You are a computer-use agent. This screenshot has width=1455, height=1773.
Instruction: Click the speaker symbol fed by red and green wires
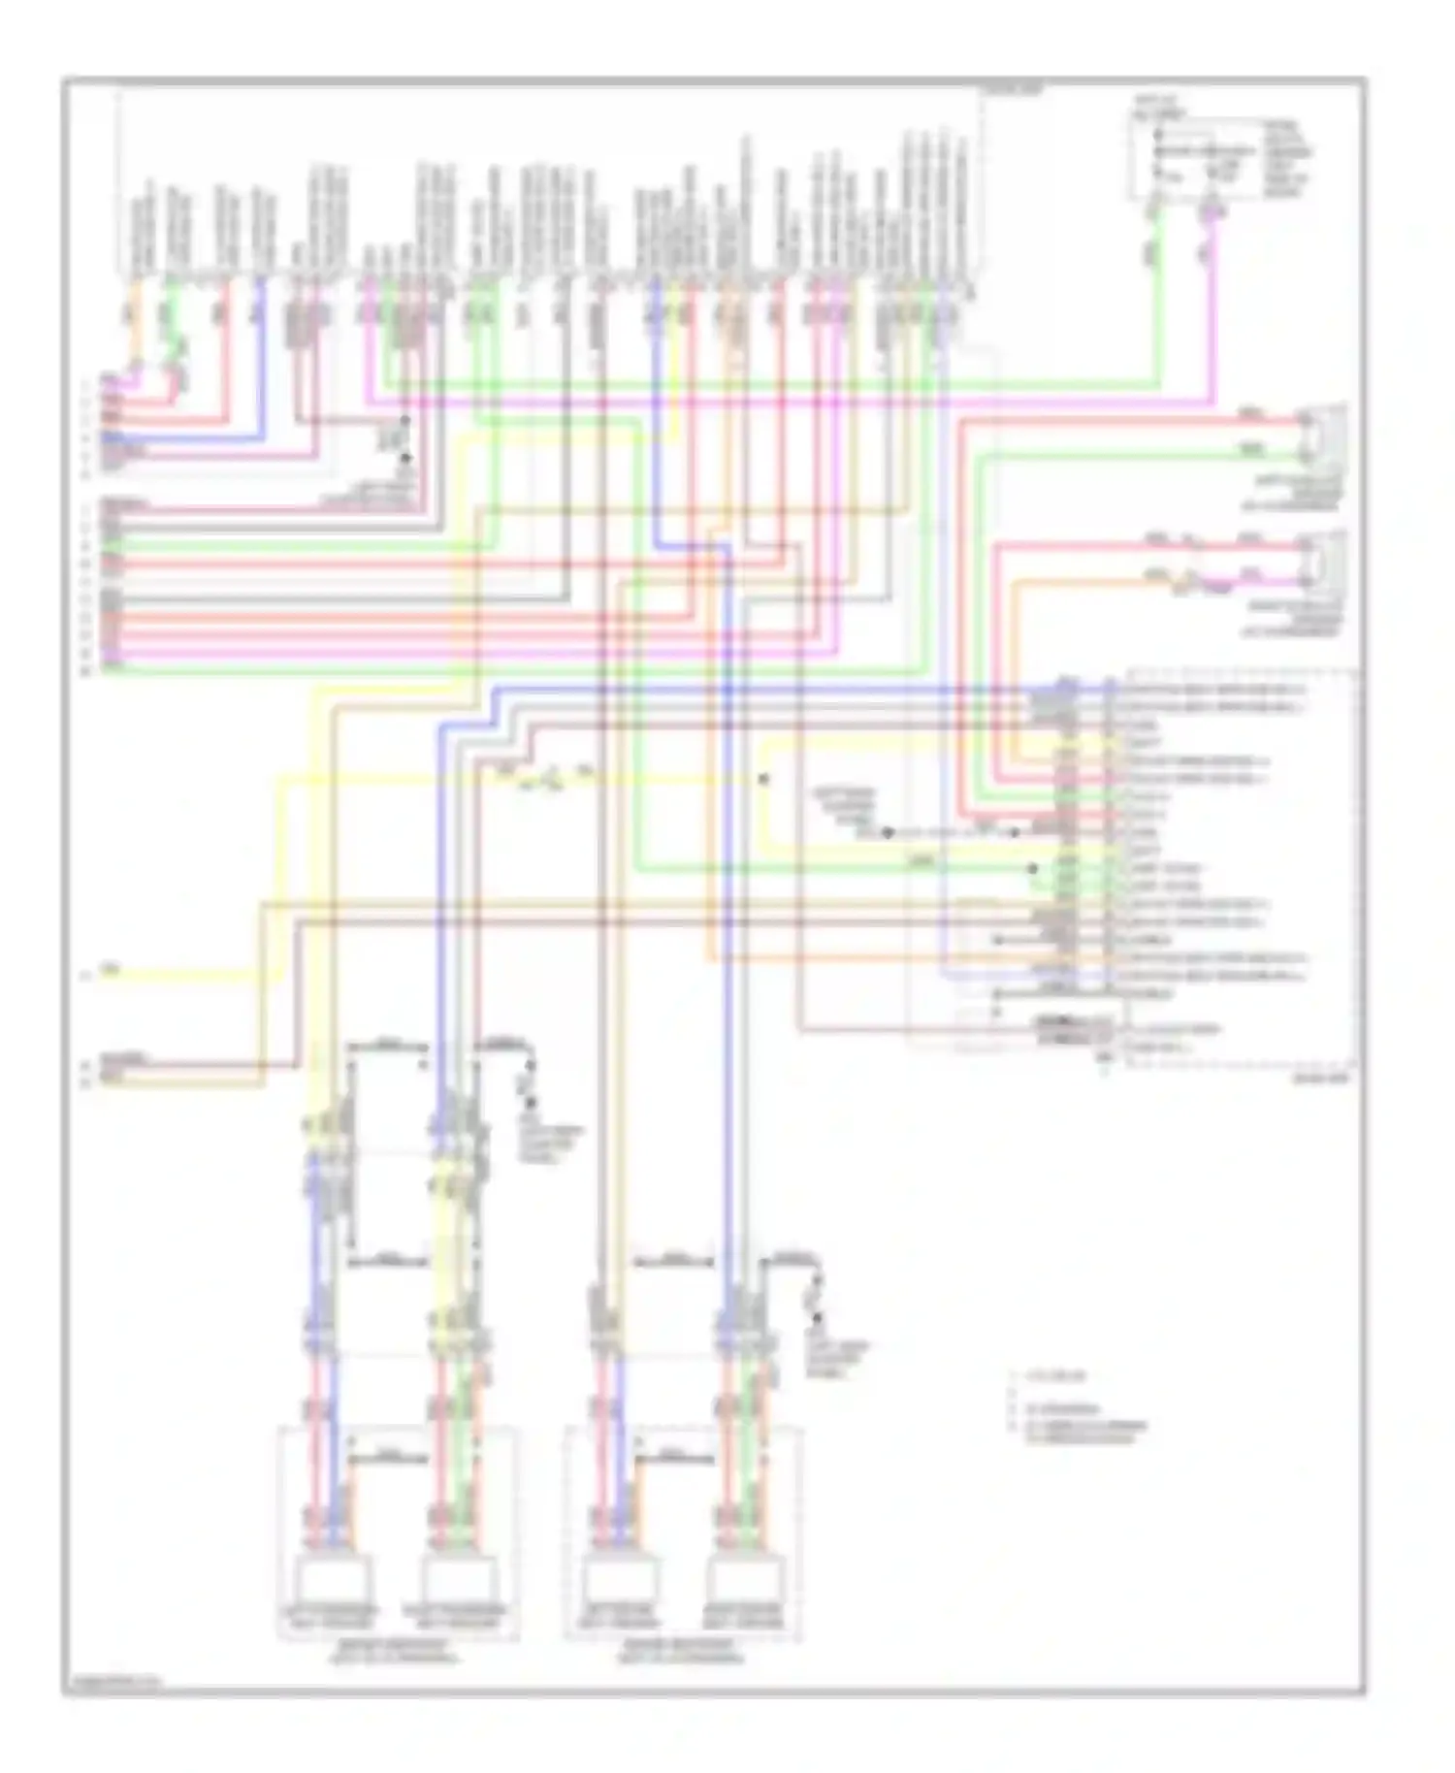click(1325, 436)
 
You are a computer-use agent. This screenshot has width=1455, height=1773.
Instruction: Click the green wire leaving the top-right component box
click(1156, 291)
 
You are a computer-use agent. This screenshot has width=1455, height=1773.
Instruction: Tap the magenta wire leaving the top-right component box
click(1213, 291)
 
